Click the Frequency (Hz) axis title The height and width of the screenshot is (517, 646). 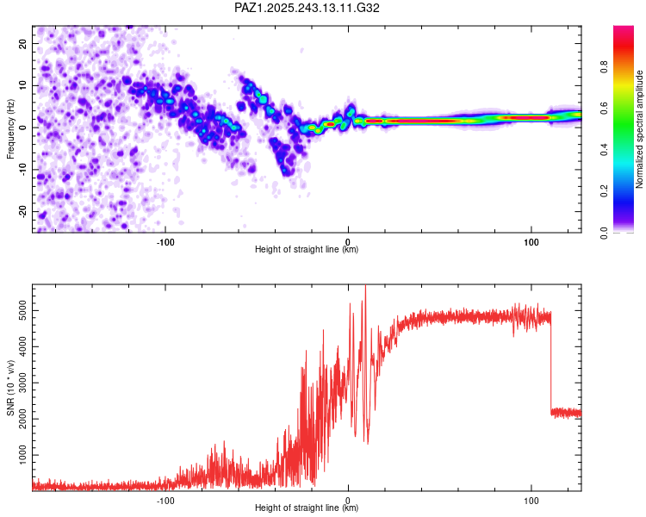coord(10,129)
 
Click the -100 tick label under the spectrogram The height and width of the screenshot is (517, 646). coord(165,240)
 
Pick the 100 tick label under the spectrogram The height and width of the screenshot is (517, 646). coord(531,240)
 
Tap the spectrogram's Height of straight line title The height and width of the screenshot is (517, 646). coord(307,250)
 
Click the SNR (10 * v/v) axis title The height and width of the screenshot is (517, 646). coord(10,388)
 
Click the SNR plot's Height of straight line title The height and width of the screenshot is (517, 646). coord(307,508)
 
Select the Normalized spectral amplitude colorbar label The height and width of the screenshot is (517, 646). coord(640,129)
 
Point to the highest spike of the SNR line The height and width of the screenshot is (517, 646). coord(365,287)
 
